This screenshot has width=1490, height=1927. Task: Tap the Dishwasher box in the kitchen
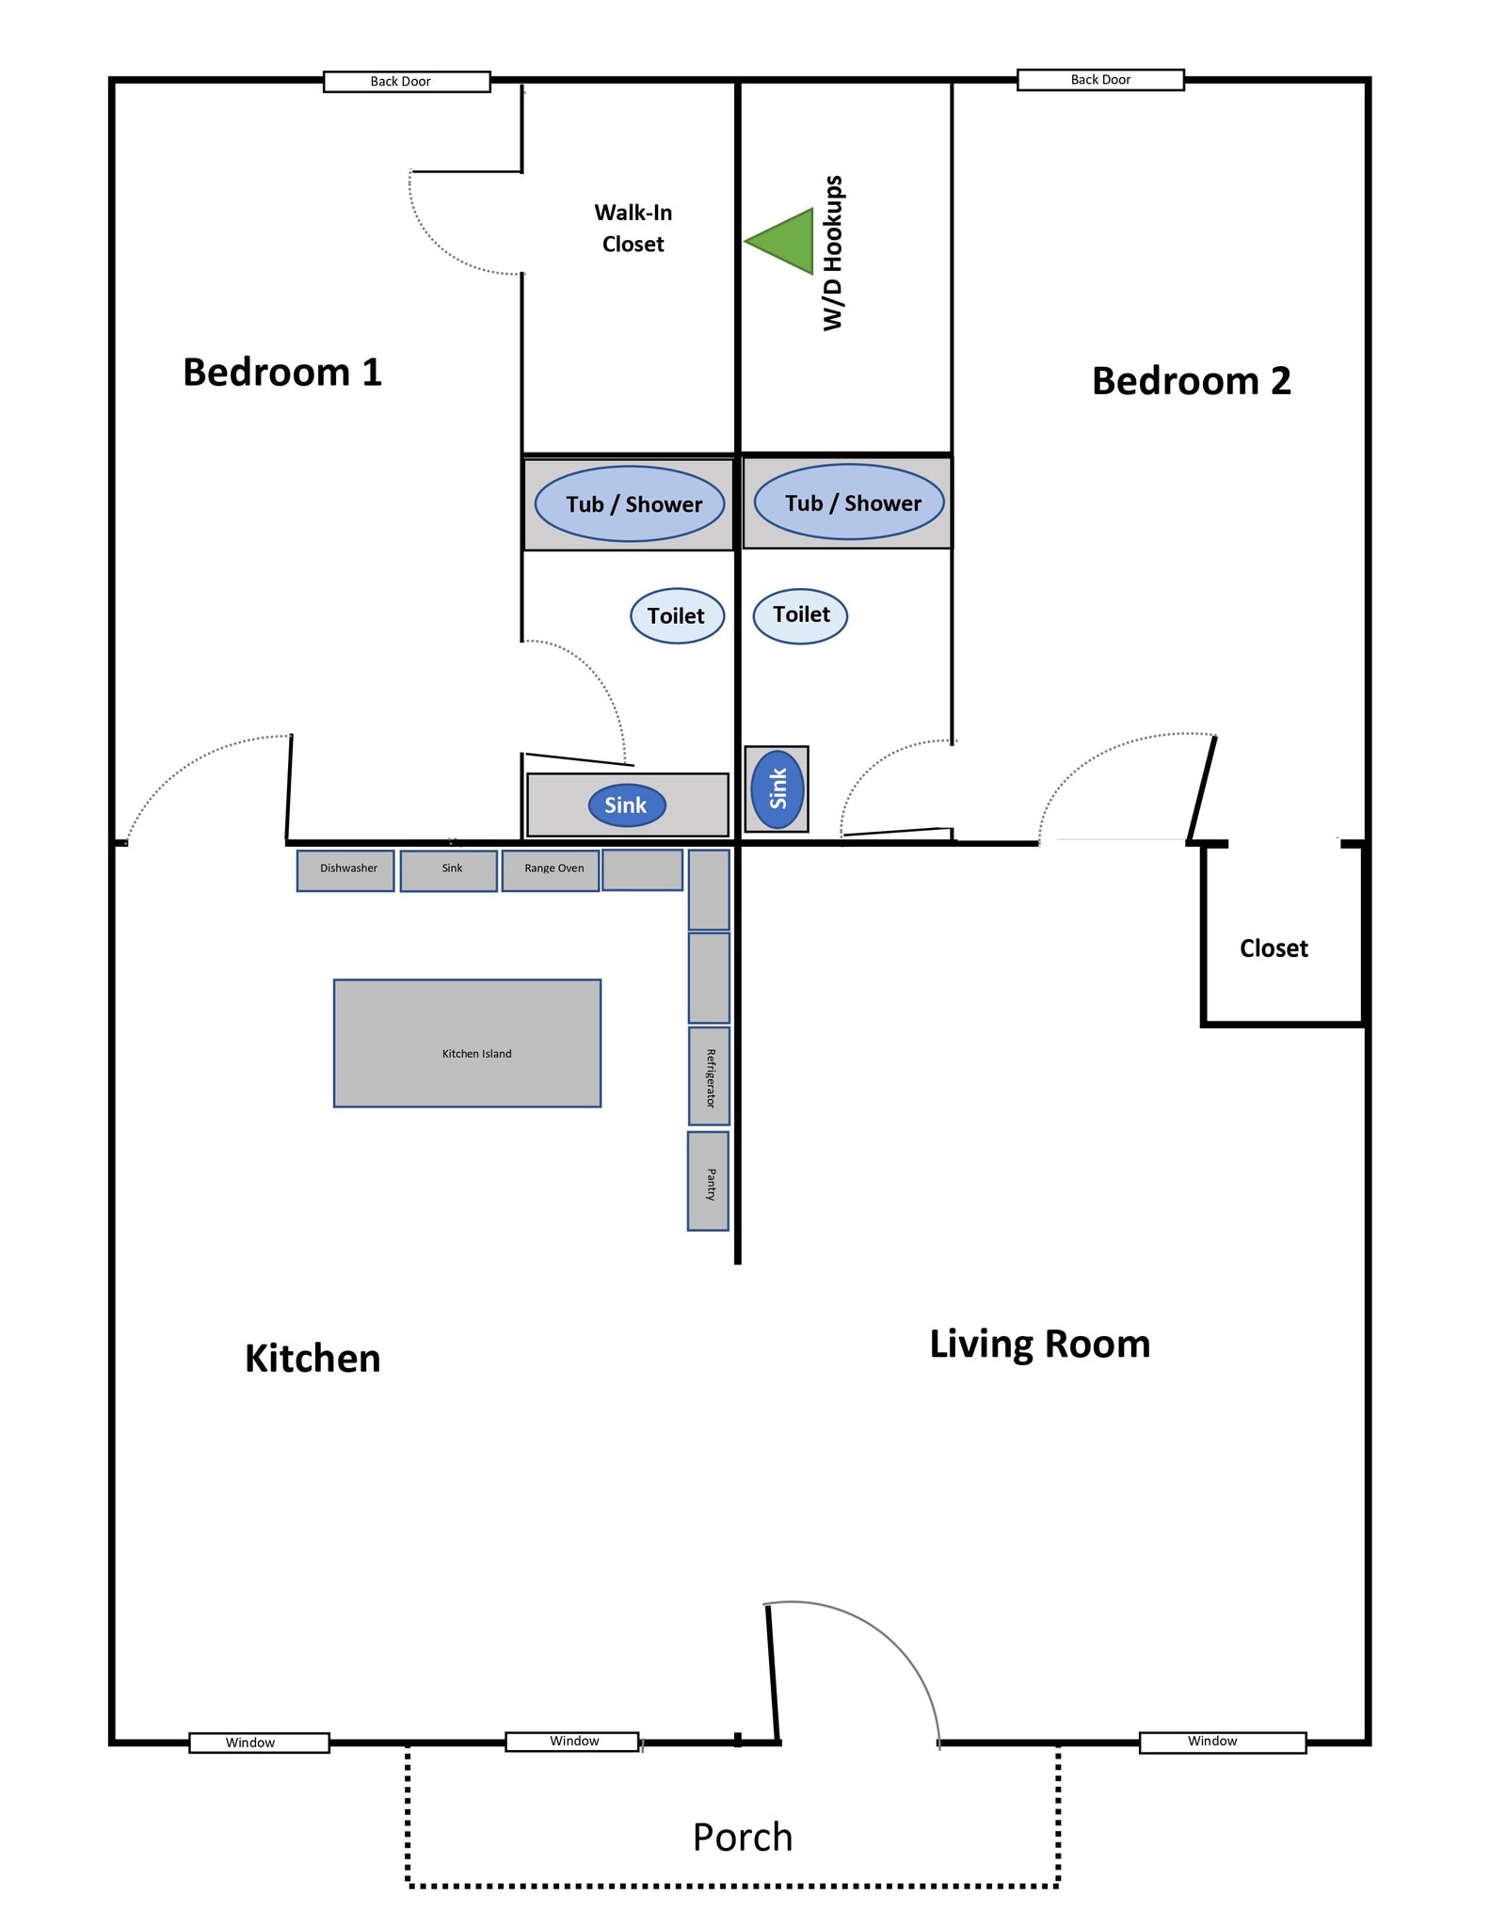[x=345, y=870]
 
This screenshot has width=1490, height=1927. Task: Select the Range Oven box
[x=551, y=870]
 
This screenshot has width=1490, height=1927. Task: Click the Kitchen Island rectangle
[x=467, y=1043]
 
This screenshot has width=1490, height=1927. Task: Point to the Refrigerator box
[x=709, y=1076]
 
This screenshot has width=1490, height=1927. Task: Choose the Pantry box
[x=708, y=1181]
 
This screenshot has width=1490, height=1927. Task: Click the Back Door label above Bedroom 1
[x=407, y=82]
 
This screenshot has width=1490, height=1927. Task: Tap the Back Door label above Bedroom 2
[x=1100, y=80]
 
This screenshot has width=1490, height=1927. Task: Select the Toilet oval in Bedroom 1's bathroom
[x=677, y=616]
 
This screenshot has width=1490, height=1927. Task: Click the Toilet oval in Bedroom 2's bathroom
[x=800, y=615]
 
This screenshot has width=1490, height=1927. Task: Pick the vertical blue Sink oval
[x=777, y=788]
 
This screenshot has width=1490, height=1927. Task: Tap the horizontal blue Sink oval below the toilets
[x=627, y=805]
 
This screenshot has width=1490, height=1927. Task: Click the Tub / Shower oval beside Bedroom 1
[x=630, y=504]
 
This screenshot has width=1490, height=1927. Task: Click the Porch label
[x=743, y=1837]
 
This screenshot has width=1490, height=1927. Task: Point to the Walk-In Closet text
[x=633, y=229]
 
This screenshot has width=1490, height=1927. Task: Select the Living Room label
[x=1040, y=1344]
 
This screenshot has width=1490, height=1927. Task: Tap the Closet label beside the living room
[x=1274, y=948]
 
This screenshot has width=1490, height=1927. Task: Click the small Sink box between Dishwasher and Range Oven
[x=449, y=870]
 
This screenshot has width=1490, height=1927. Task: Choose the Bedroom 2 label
[x=1192, y=381]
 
